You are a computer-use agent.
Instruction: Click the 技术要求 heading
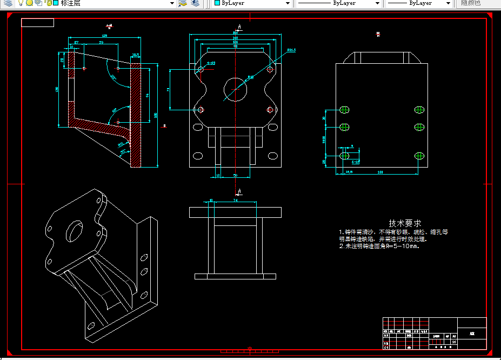click(x=405, y=223)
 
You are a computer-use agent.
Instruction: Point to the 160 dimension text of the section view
click(x=156, y=115)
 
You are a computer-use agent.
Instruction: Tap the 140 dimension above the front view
click(x=236, y=38)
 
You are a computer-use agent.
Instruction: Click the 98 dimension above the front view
click(x=236, y=46)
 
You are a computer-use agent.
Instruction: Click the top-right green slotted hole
click(x=420, y=110)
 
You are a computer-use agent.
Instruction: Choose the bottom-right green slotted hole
click(x=420, y=156)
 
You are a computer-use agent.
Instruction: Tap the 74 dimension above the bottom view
click(x=235, y=201)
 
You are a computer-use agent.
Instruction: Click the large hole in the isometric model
click(x=74, y=232)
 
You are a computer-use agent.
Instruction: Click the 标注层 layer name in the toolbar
click(x=71, y=3)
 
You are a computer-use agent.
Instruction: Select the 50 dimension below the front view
click(x=236, y=175)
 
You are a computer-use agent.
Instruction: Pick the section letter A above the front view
click(x=239, y=26)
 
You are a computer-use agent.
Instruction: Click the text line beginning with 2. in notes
click(x=379, y=246)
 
